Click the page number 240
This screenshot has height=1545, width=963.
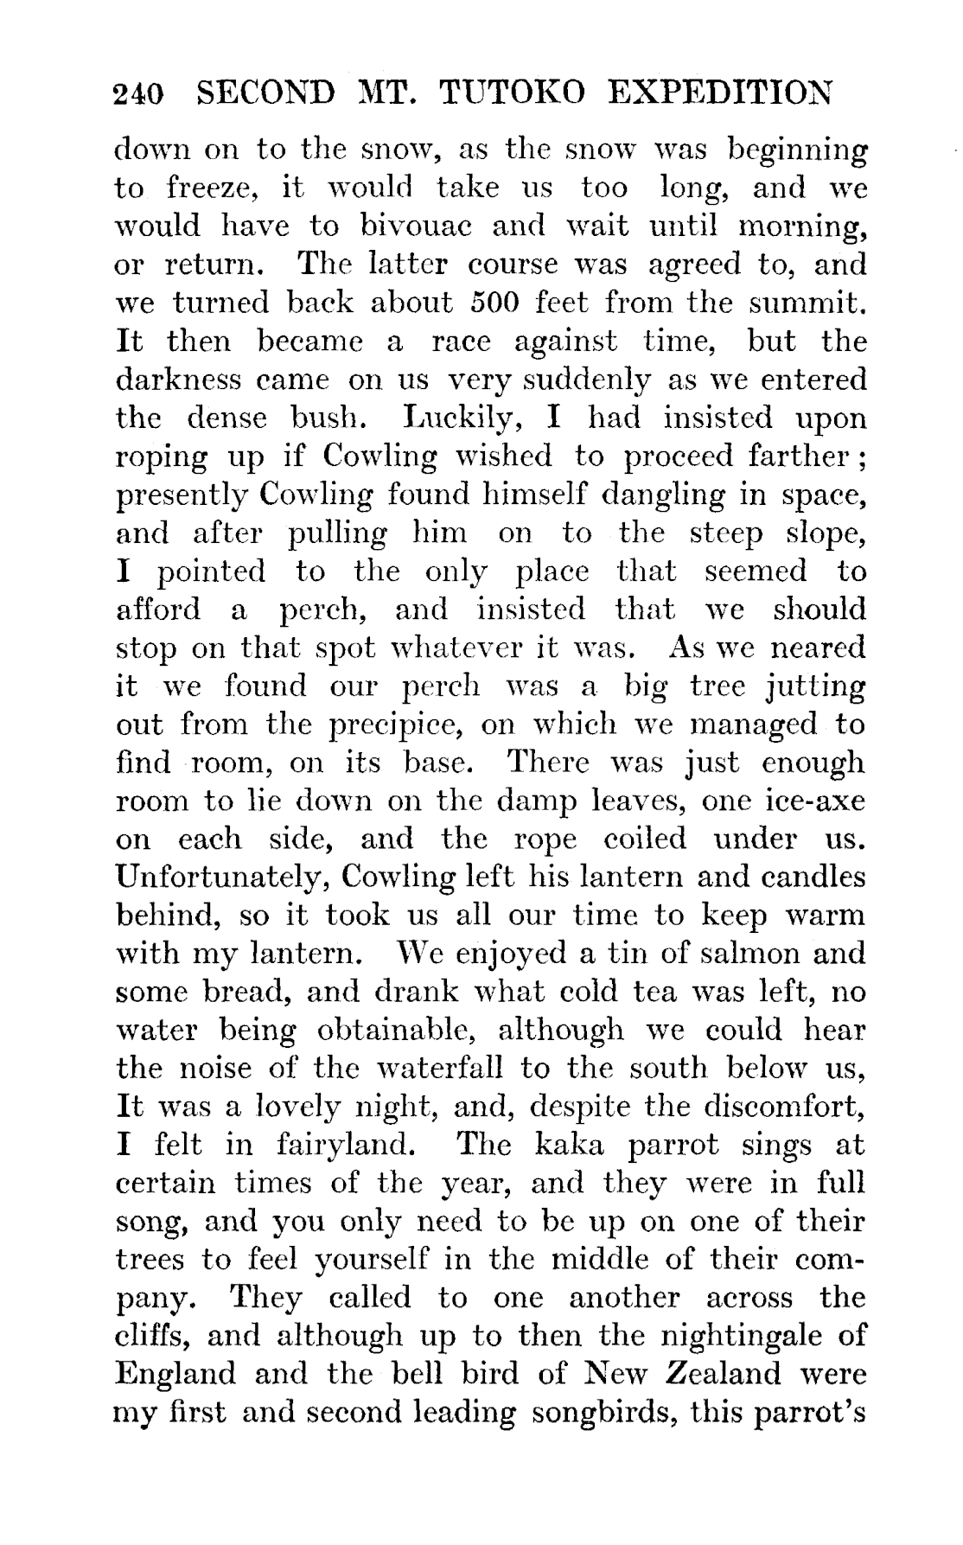[x=138, y=93]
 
